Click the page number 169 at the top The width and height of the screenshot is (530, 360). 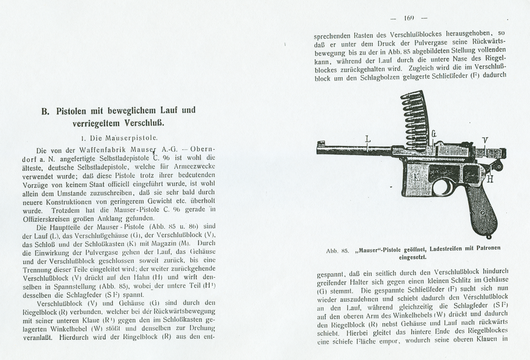click(x=409, y=18)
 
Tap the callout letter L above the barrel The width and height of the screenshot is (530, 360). click(x=368, y=139)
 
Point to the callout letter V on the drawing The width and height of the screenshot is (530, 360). click(x=485, y=140)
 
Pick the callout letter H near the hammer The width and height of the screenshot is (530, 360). click(x=490, y=179)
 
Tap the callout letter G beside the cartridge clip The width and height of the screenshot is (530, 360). click(x=434, y=134)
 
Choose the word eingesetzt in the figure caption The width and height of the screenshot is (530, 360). click(x=412, y=256)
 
